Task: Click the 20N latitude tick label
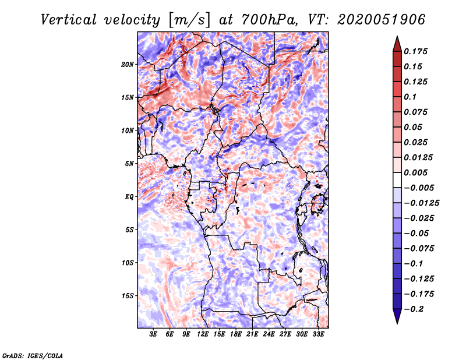point(128,64)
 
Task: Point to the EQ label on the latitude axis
point(129,197)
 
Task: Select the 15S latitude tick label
point(128,296)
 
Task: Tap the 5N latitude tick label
point(130,164)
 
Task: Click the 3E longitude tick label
point(154,335)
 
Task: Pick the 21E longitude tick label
point(252,335)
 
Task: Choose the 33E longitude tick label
point(318,335)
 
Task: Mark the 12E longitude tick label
point(203,335)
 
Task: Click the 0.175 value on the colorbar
point(417,51)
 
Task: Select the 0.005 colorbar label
point(417,172)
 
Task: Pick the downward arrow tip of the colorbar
point(397,322)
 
